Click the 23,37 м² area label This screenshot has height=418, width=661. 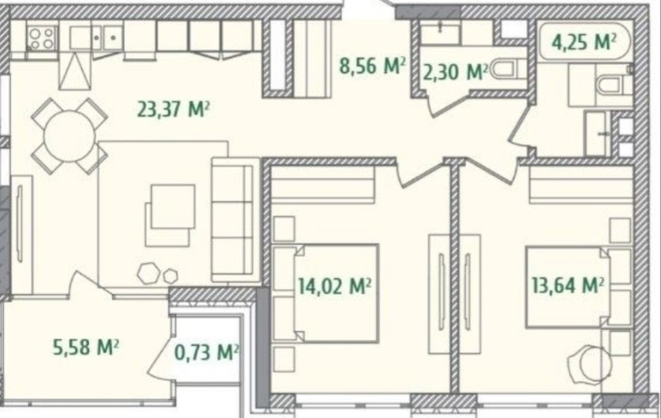pos(173,109)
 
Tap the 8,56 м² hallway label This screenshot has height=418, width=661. pos(373,65)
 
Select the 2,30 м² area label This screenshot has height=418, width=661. pos(455,71)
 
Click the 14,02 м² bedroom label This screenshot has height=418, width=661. pos(334,286)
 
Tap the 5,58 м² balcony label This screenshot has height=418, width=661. pos(85,347)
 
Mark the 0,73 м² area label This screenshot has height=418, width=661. pos(207,352)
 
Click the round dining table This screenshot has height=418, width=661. pos(69,136)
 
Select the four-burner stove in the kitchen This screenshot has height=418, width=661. pos(42,38)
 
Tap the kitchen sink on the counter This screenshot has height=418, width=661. pos(97,38)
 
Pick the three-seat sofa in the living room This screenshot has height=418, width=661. pos(235,220)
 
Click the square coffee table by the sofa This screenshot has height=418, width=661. pos(171,215)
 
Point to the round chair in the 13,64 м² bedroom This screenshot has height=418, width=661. pos(590,364)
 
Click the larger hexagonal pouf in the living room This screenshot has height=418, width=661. pos(148,273)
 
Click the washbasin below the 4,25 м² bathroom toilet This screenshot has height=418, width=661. pos(598,134)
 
